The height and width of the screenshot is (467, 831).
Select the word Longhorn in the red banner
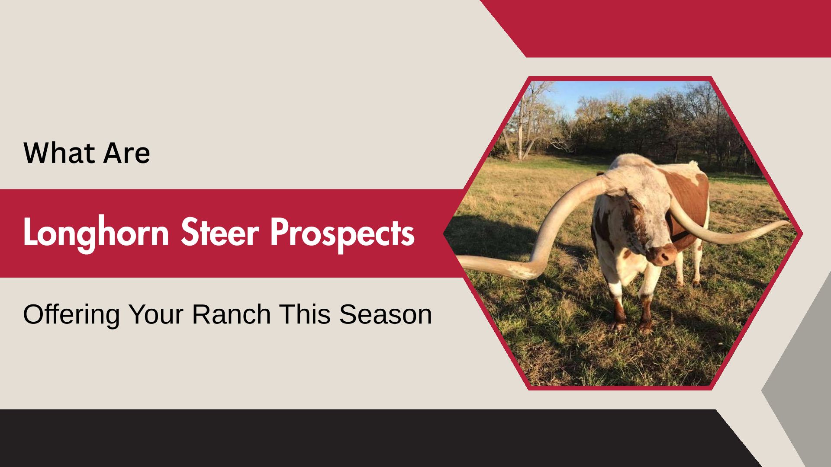click(96, 233)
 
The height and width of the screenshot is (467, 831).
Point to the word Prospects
click(342, 233)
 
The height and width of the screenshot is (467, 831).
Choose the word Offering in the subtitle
click(71, 314)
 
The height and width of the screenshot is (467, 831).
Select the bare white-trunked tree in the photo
click(526, 121)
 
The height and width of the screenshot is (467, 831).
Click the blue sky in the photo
click(615, 93)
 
